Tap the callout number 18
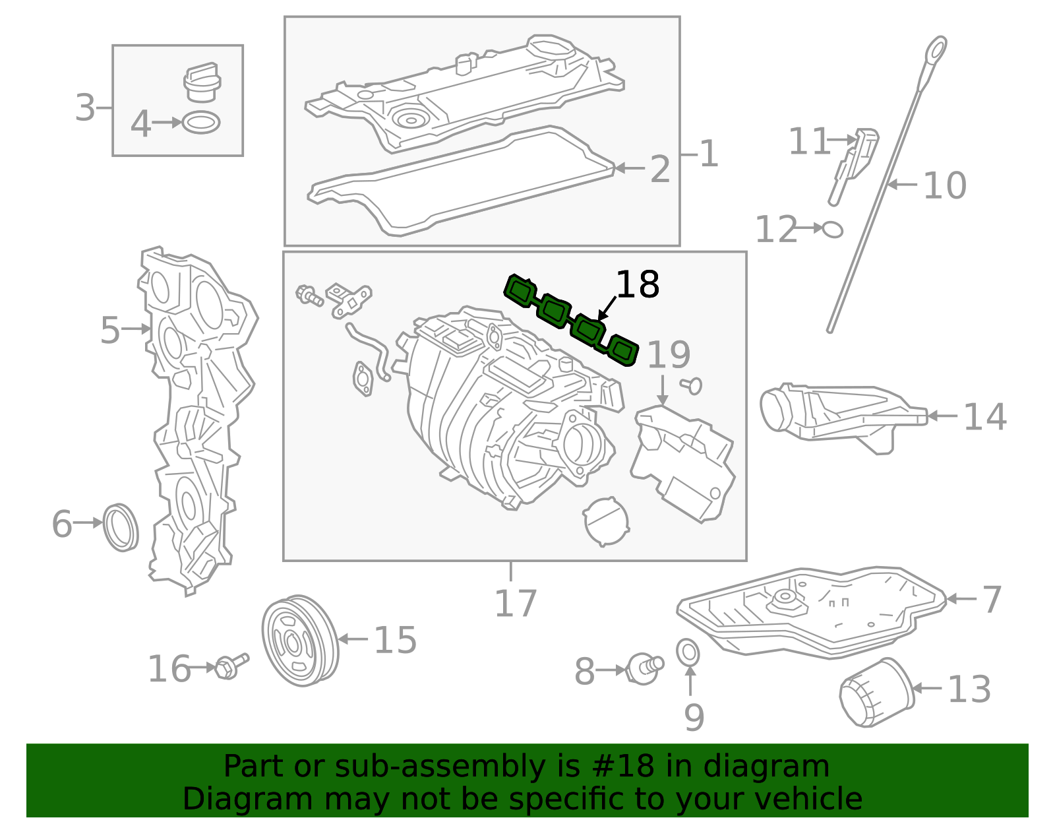637,285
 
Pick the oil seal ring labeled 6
121,527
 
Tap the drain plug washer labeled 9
688,652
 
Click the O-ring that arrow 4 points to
201,123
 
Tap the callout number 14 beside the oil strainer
984,417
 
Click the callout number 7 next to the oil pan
991,600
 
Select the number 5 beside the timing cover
110,329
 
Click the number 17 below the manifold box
516,603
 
